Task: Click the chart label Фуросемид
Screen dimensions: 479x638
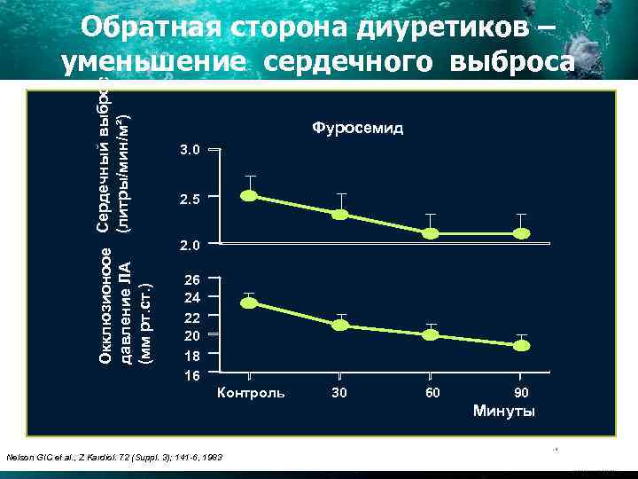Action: [x=357, y=129]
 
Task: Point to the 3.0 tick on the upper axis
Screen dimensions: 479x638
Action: [x=191, y=152]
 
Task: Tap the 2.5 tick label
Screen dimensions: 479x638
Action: [x=191, y=200]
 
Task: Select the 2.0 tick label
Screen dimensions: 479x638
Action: [x=191, y=244]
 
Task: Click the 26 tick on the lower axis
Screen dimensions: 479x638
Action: [x=191, y=279]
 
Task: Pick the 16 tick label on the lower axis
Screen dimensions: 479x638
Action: [x=191, y=375]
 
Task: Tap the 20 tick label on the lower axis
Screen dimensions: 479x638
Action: [x=191, y=336]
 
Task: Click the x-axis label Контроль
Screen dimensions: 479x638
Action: [x=251, y=392]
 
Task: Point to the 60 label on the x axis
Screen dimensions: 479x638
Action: [x=432, y=392]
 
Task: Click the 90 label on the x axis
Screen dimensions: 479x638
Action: [x=522, y=392]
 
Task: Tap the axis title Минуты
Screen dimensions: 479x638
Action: [x=503, y=411]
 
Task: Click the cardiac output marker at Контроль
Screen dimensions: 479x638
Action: [x=250, y=196]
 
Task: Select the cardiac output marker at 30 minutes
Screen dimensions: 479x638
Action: [x=340, y=215]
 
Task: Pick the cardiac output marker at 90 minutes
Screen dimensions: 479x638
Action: [x=522, y=233]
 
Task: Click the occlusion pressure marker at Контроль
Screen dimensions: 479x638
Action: [x=250, y=302]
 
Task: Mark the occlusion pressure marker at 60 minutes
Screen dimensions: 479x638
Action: [x=431, y=334]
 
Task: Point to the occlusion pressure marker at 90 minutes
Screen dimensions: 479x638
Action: [x=522, y=345]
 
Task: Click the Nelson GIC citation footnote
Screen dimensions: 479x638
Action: [x=114, y=457]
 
